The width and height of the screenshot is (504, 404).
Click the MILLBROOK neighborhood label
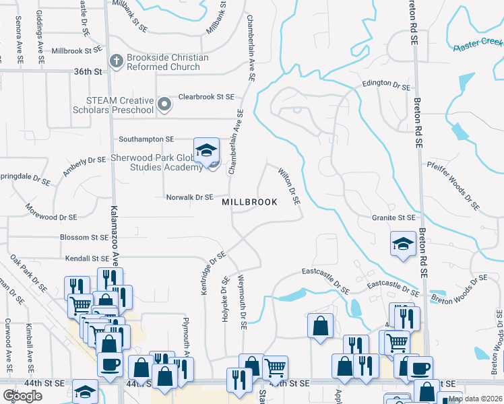pyautogui.click(x=249, y=202)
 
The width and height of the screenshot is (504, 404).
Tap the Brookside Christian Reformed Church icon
pyautogui.click(x=116, y=62)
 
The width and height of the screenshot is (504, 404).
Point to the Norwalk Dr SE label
pyautogui.click(x=190, y=197)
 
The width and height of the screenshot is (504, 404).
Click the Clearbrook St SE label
pyautogui.click(x=206, y=97)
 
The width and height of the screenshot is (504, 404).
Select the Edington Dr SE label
pyautogui.click(x=386, y=83)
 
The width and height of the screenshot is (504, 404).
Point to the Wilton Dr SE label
pyautogui.click(x=289, y=187)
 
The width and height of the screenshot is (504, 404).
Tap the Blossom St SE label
pyautogui.click(x=84, y=237)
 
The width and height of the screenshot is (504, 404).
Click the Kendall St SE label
pyautogui.click(x=87, y=258)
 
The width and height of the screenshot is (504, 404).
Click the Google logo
pyautogui.click(x=22, y=395)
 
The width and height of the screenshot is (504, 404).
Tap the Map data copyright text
pyautogui.click(x=474, y=399)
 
